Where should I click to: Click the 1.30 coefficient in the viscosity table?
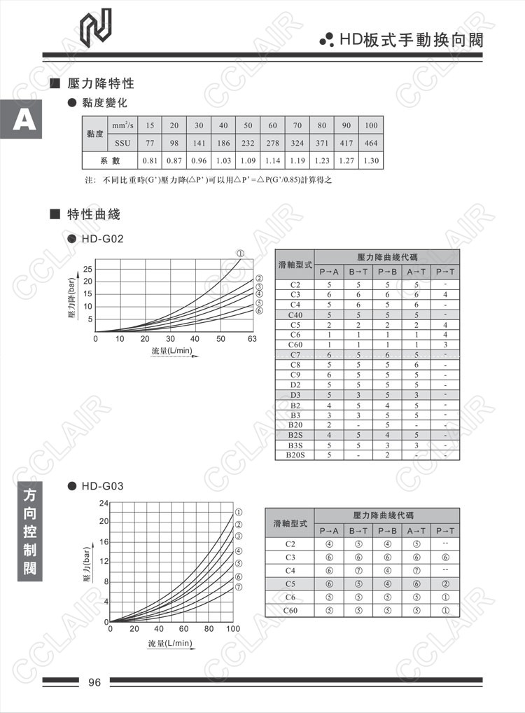click(371, 160)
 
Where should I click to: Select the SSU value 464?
click(371, 143)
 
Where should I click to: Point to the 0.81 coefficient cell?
click(150, 160)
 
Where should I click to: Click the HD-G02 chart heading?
click(102, 239)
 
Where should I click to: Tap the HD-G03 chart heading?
click(102, 485)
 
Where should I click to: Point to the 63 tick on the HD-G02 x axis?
click(252, 339)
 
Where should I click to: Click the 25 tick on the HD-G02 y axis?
click(87, 269)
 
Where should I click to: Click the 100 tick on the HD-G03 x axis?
click(233, 629)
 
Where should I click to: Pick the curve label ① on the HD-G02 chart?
click(239, 253)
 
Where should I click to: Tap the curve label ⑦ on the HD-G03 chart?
click(239, 587)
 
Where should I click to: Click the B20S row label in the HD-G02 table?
click(295, 455)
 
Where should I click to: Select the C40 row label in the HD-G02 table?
click(295, 315)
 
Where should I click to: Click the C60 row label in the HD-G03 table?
click(290, 610)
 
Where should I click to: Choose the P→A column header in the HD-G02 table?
click(328, 272)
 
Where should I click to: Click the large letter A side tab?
click(24, 121)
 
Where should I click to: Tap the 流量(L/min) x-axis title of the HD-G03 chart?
click(169, 643)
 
